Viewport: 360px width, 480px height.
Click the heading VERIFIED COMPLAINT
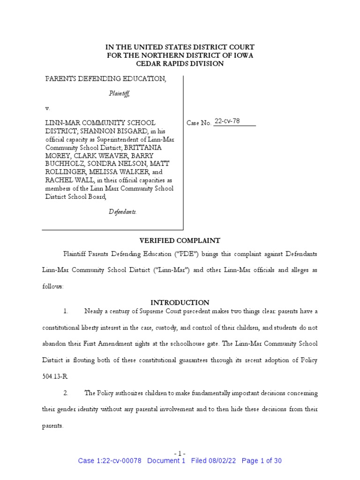[180, 240]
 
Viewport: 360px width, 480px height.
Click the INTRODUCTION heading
[180, 302]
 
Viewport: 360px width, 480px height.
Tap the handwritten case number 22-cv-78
[227, 121]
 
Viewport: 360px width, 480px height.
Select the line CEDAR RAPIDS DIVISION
[180, 63]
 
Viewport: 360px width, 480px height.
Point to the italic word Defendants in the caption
[123, 211]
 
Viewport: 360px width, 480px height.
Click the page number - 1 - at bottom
[180, 453]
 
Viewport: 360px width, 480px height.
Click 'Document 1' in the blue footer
[166, 461]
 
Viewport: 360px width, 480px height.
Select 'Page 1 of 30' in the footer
[262, 461]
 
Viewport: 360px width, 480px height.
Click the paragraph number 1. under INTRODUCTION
[66, 311]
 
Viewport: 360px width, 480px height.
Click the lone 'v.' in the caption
[47, 108]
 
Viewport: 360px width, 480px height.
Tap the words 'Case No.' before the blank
[199, 123]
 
